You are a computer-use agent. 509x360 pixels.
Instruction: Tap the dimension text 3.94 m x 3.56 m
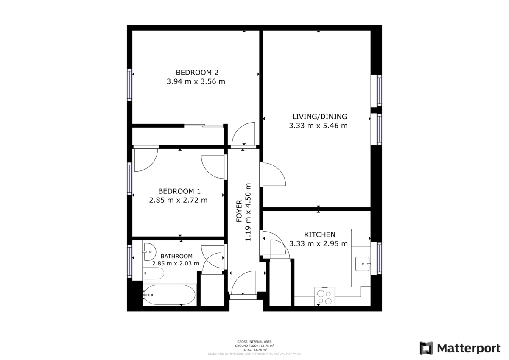(196, 81)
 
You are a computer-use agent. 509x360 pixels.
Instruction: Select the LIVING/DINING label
(319, 117)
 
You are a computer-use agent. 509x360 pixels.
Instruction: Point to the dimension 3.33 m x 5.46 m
(318, 126)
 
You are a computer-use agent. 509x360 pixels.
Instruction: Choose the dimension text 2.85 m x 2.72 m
(178, 200)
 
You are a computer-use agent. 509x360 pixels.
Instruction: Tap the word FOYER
(239, 212)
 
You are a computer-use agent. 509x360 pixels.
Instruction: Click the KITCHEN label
(319, 234)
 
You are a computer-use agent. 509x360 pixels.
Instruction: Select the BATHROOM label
(176, 256)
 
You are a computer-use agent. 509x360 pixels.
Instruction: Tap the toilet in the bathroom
(153, 273)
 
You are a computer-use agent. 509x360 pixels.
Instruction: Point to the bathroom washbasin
(149, 252)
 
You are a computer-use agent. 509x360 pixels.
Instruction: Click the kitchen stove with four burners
(325, 297)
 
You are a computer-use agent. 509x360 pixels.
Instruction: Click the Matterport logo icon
(426, 348)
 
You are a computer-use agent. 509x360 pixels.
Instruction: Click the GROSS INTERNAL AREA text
(255, 342)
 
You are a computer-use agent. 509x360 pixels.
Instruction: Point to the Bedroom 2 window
(129, 85)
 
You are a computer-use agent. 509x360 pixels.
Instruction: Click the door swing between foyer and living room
(273, 174)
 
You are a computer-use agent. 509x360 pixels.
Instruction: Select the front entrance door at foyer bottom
(243, 284)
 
